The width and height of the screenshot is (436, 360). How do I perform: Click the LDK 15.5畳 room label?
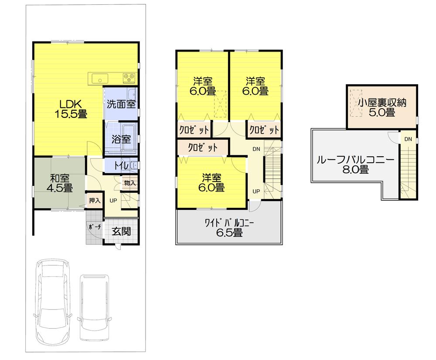coord(71,109)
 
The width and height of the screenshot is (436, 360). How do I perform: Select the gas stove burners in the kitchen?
coord(129,78)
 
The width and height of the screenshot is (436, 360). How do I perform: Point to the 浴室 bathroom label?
coord(121,140)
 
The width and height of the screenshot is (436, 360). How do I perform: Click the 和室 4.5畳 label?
coord(59,183)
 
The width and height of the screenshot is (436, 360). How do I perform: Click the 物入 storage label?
coord(129,183)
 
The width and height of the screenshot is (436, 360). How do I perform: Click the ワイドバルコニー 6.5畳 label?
coord(229,228)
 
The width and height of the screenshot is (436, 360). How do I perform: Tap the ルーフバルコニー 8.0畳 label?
coord(355,164)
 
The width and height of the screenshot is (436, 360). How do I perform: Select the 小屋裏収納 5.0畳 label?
coord(382,107)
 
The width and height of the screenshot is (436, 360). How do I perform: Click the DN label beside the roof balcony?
coord(408,140)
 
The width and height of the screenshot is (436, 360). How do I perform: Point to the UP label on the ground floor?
coord(113,201)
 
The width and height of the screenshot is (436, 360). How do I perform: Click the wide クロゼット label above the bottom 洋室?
coord(202,147)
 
